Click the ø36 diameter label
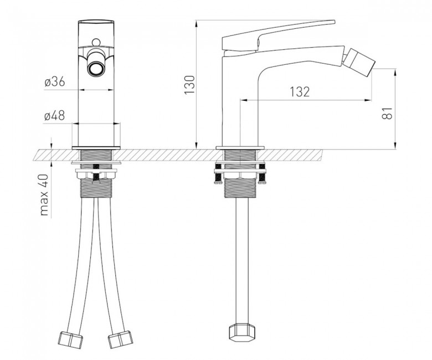pos(55,82)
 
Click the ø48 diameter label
pos(54,116)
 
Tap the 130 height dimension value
pos(189,85)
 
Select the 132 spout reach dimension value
pos(300,92)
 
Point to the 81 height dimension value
pos(387,113)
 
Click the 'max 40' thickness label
pos(44,195)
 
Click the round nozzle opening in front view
pos(96,68)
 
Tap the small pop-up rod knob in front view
pos(96,43)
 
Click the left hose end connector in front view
pos(70,340)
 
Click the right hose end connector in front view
pos(120,338)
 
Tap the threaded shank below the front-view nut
pos(96,188)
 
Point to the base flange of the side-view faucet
pos(240,148)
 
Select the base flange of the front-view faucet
pos(96,148)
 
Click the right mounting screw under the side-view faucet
pos(262,174)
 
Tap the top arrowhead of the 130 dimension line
pos(197,23)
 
